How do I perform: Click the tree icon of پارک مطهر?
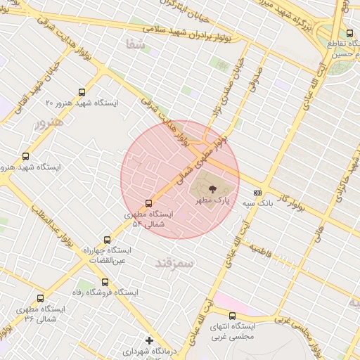[213, 188]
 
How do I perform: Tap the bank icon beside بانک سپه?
[257, 192]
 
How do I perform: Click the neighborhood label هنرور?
[49, 122]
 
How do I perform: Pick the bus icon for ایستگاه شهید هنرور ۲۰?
[82, 92]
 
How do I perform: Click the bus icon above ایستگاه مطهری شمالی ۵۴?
[148, 202]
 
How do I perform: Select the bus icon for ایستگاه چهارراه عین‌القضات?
[107, 240]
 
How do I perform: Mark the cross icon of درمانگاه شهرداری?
[149, 340]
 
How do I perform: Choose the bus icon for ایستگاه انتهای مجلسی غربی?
[233, 316]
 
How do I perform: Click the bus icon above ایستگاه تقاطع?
[349, 33]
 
